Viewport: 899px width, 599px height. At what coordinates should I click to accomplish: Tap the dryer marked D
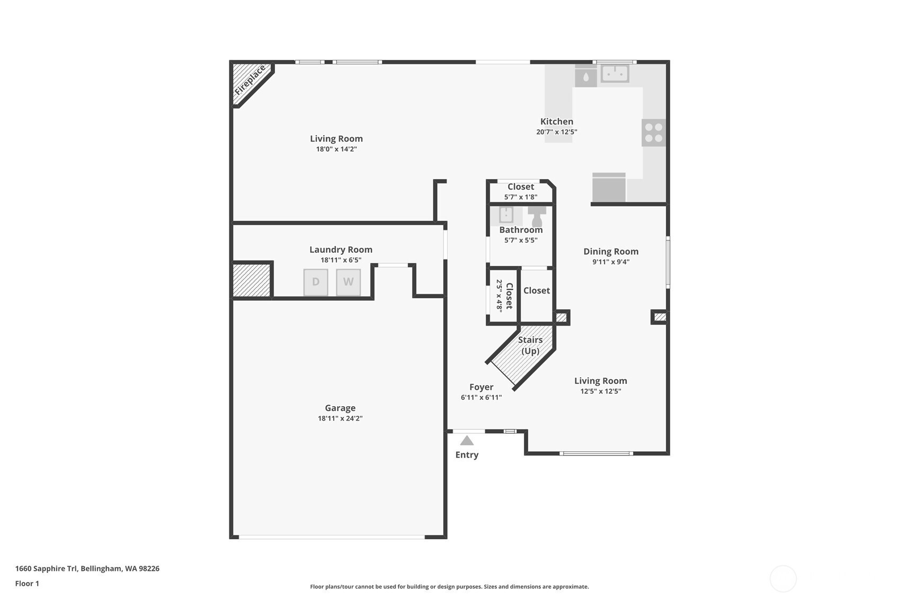coord(316,282)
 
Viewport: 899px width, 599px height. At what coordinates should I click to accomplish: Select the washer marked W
coord(348,282)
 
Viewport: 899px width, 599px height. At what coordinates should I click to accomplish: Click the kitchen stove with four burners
coord(653,132)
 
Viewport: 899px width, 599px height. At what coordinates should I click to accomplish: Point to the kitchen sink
coord(615,74)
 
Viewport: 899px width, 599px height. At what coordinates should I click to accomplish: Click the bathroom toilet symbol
coord(537,214)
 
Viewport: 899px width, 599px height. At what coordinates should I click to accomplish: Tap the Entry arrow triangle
coord(467,441)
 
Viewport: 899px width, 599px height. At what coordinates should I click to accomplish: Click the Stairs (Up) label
coord(530,345)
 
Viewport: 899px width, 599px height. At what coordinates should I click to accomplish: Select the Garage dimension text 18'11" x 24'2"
coord(340,418)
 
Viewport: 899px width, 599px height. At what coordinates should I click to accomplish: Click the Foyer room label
coord(481,387)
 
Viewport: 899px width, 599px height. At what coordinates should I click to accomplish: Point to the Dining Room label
coord(611,252)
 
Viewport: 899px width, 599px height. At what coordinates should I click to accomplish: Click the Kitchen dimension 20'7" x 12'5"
coord(556,132)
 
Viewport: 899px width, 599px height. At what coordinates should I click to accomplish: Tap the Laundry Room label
coord(341,249)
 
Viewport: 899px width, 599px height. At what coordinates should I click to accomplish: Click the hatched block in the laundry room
coord(252,280)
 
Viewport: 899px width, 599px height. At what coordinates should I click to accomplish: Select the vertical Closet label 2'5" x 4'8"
coord(504,296)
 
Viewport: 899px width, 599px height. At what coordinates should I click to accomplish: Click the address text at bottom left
coord(87,569)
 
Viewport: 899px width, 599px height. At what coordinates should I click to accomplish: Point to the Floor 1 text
coord(27,584)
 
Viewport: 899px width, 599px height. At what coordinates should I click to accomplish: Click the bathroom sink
coord(506,215)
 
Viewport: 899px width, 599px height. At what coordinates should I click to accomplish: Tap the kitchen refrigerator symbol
coord(609,187)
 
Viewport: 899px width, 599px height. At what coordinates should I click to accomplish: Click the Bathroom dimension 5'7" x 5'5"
coord(521,240)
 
